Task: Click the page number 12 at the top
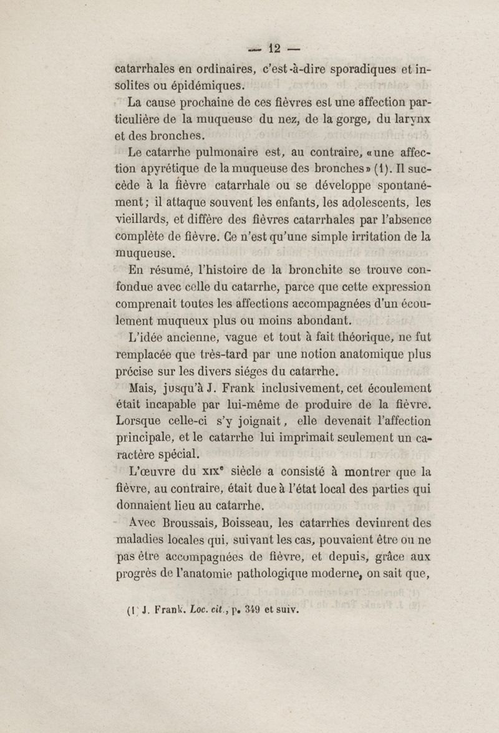point(275,47)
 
